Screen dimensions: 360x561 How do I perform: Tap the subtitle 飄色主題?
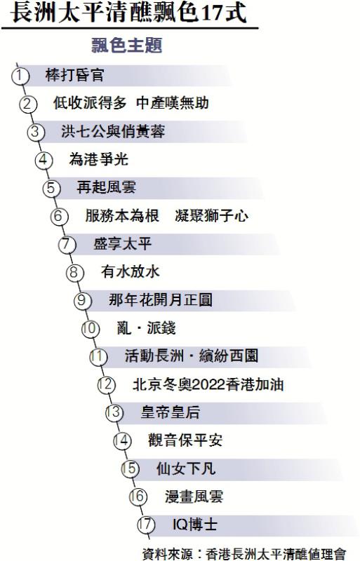coord(127,45)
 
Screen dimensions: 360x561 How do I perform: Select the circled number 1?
coord(20,76)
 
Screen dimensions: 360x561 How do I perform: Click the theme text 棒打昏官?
coord(74,75)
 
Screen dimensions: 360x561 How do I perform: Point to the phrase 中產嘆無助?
coord(173,103)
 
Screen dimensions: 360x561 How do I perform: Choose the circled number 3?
coord(36,132)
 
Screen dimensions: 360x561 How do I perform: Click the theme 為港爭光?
coord(98,159)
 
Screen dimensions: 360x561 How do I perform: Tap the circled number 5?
coord(51,188)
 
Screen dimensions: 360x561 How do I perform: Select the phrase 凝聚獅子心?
coord(211,216)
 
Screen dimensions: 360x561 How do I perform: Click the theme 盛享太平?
coord(122,243)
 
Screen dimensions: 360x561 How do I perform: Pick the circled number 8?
coord(74,272)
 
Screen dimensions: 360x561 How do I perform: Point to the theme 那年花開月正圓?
coord(160,300)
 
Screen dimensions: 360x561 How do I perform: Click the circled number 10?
coord(91,328)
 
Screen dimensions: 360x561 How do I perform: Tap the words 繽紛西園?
coord(228,356)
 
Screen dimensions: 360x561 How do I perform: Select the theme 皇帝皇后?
coord(170,412)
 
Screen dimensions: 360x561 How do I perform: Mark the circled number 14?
coord(122,441)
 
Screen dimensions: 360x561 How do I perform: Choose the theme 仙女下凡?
coord(185,468)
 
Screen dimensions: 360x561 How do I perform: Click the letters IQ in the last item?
coord(180,525)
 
